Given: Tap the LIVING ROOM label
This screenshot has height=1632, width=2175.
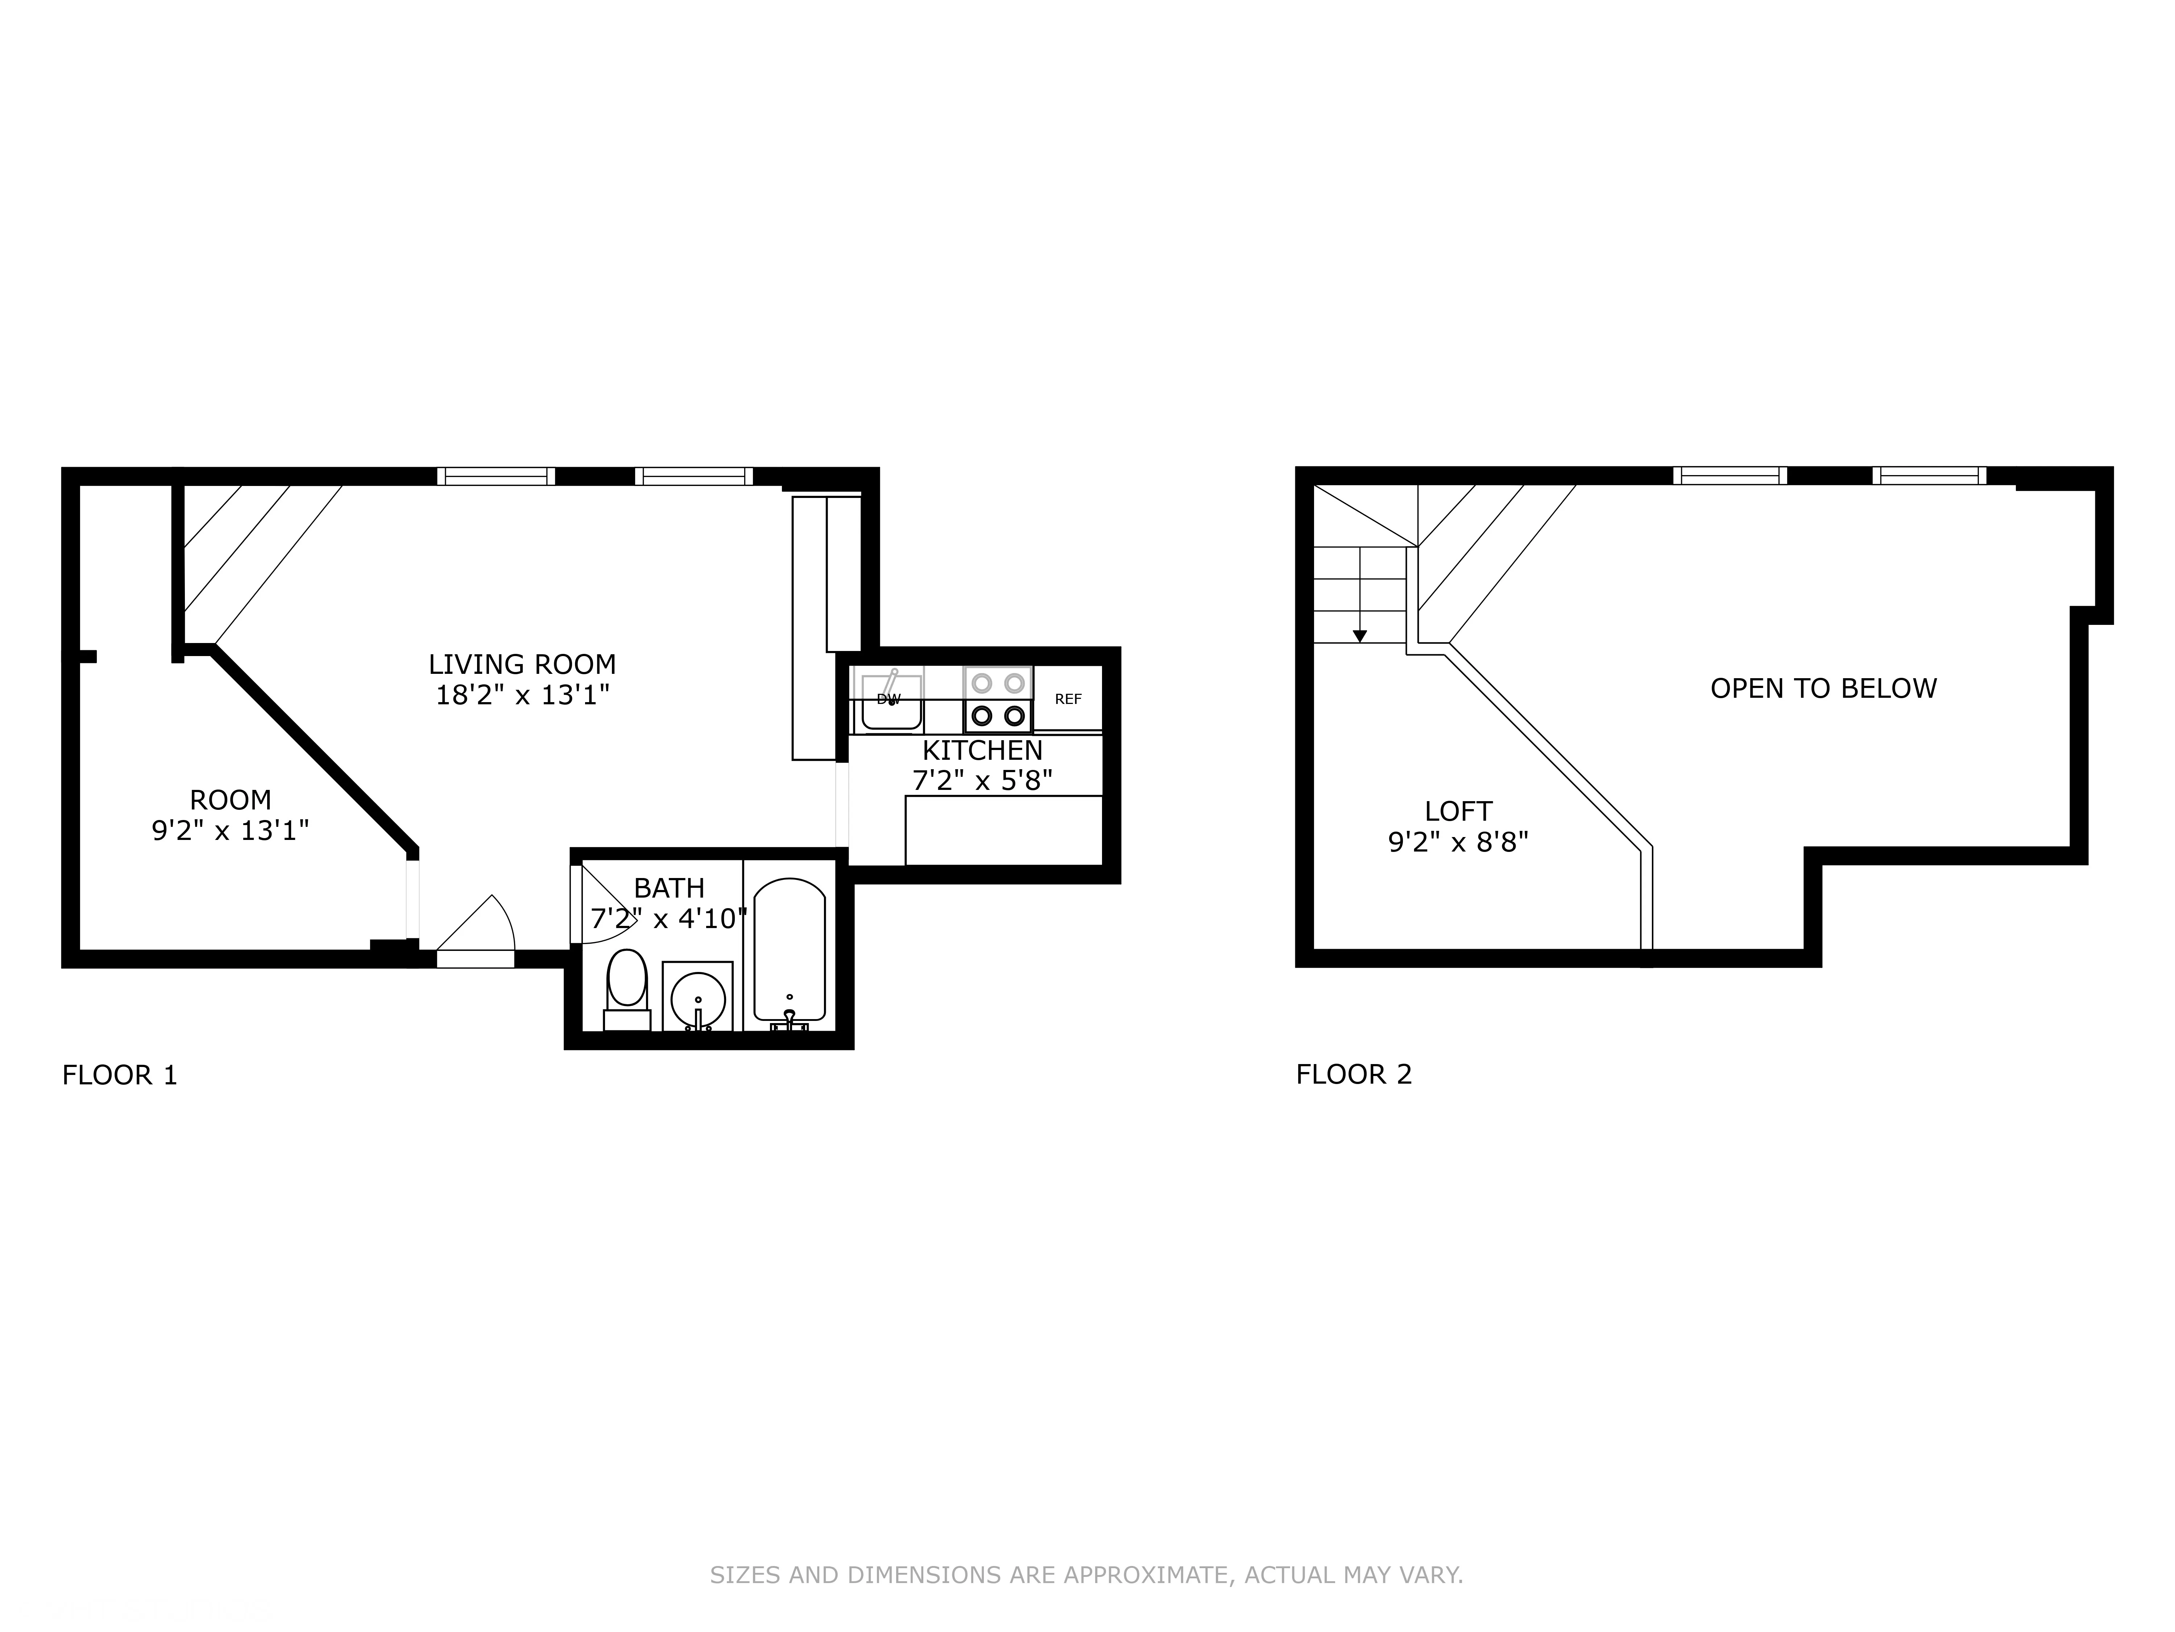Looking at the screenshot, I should tap(522, 664).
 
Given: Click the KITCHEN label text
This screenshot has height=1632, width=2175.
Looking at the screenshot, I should tap(982, 751).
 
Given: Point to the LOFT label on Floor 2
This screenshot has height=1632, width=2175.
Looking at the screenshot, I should tap(1458, 812).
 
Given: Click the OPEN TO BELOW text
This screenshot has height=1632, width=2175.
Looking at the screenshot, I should tap(1823, 689).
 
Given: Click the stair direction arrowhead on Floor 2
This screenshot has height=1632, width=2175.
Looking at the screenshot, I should tap(1360, 636).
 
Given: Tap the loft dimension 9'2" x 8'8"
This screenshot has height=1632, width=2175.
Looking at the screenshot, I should tap(1458, 842).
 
